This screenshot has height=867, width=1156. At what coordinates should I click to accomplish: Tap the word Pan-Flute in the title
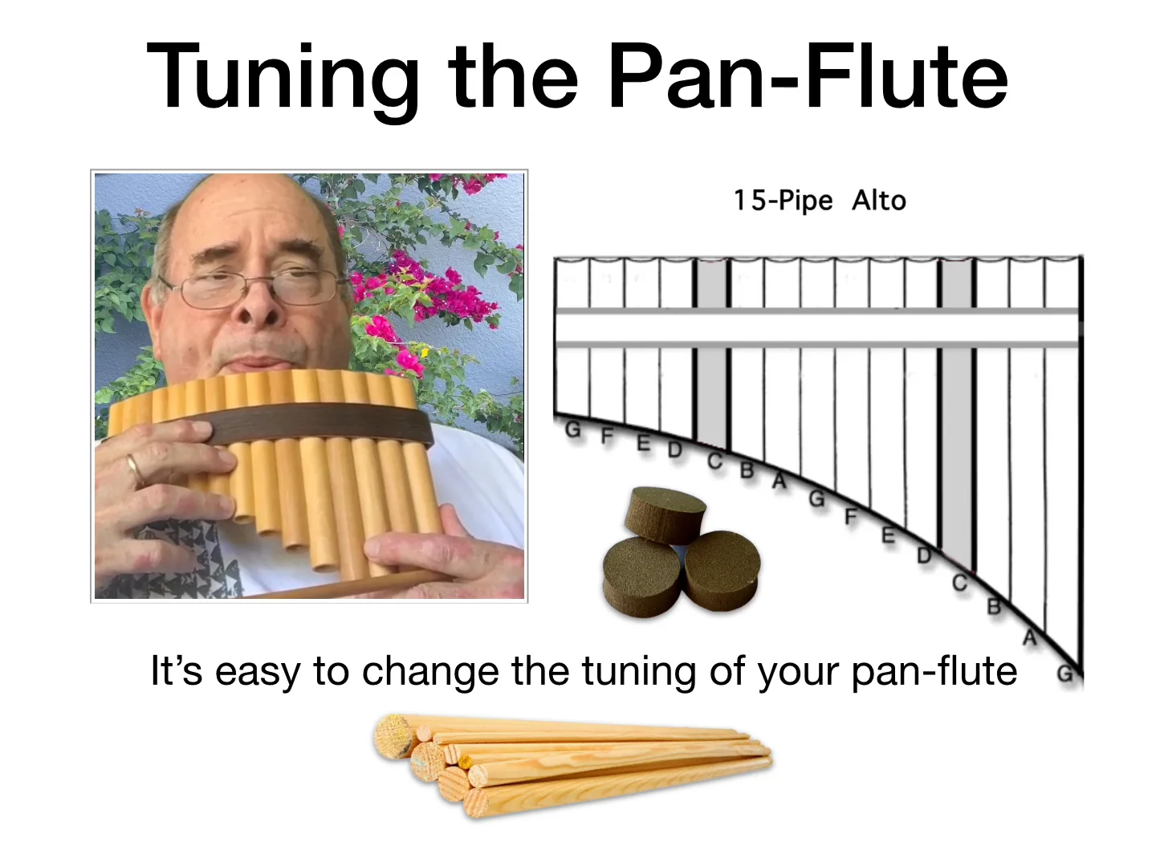point(808,77)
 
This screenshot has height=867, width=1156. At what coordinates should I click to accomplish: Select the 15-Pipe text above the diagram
point(783,200)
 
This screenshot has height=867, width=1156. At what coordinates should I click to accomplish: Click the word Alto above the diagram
point(879,200)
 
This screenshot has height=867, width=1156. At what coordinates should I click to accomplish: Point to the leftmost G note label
point(572,430)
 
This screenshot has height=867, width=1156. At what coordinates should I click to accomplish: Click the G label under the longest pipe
point(1064,674)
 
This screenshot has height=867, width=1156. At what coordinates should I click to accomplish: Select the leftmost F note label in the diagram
point(607,437)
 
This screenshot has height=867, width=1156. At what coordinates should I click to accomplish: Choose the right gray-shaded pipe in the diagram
point(958,401)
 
